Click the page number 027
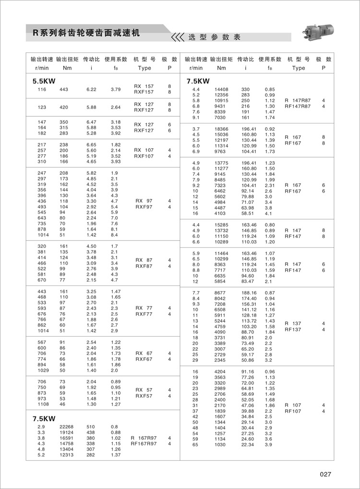point(325,475)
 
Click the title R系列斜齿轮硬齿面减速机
point(86,33)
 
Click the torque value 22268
point(66,427)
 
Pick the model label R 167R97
point(144,438)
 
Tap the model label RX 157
point(144,86)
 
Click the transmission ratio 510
point(90,427)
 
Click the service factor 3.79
point(116,89)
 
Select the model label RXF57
point(144,396)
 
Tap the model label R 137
point(293,324)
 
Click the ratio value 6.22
point(91,89)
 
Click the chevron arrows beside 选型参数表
point(178,37)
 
